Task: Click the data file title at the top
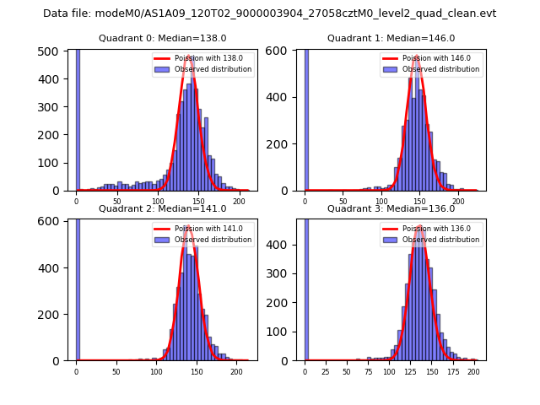[x=269, y=13]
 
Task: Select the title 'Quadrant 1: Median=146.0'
[x=391, y=38]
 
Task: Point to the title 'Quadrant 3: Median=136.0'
[x=391, y=208]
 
